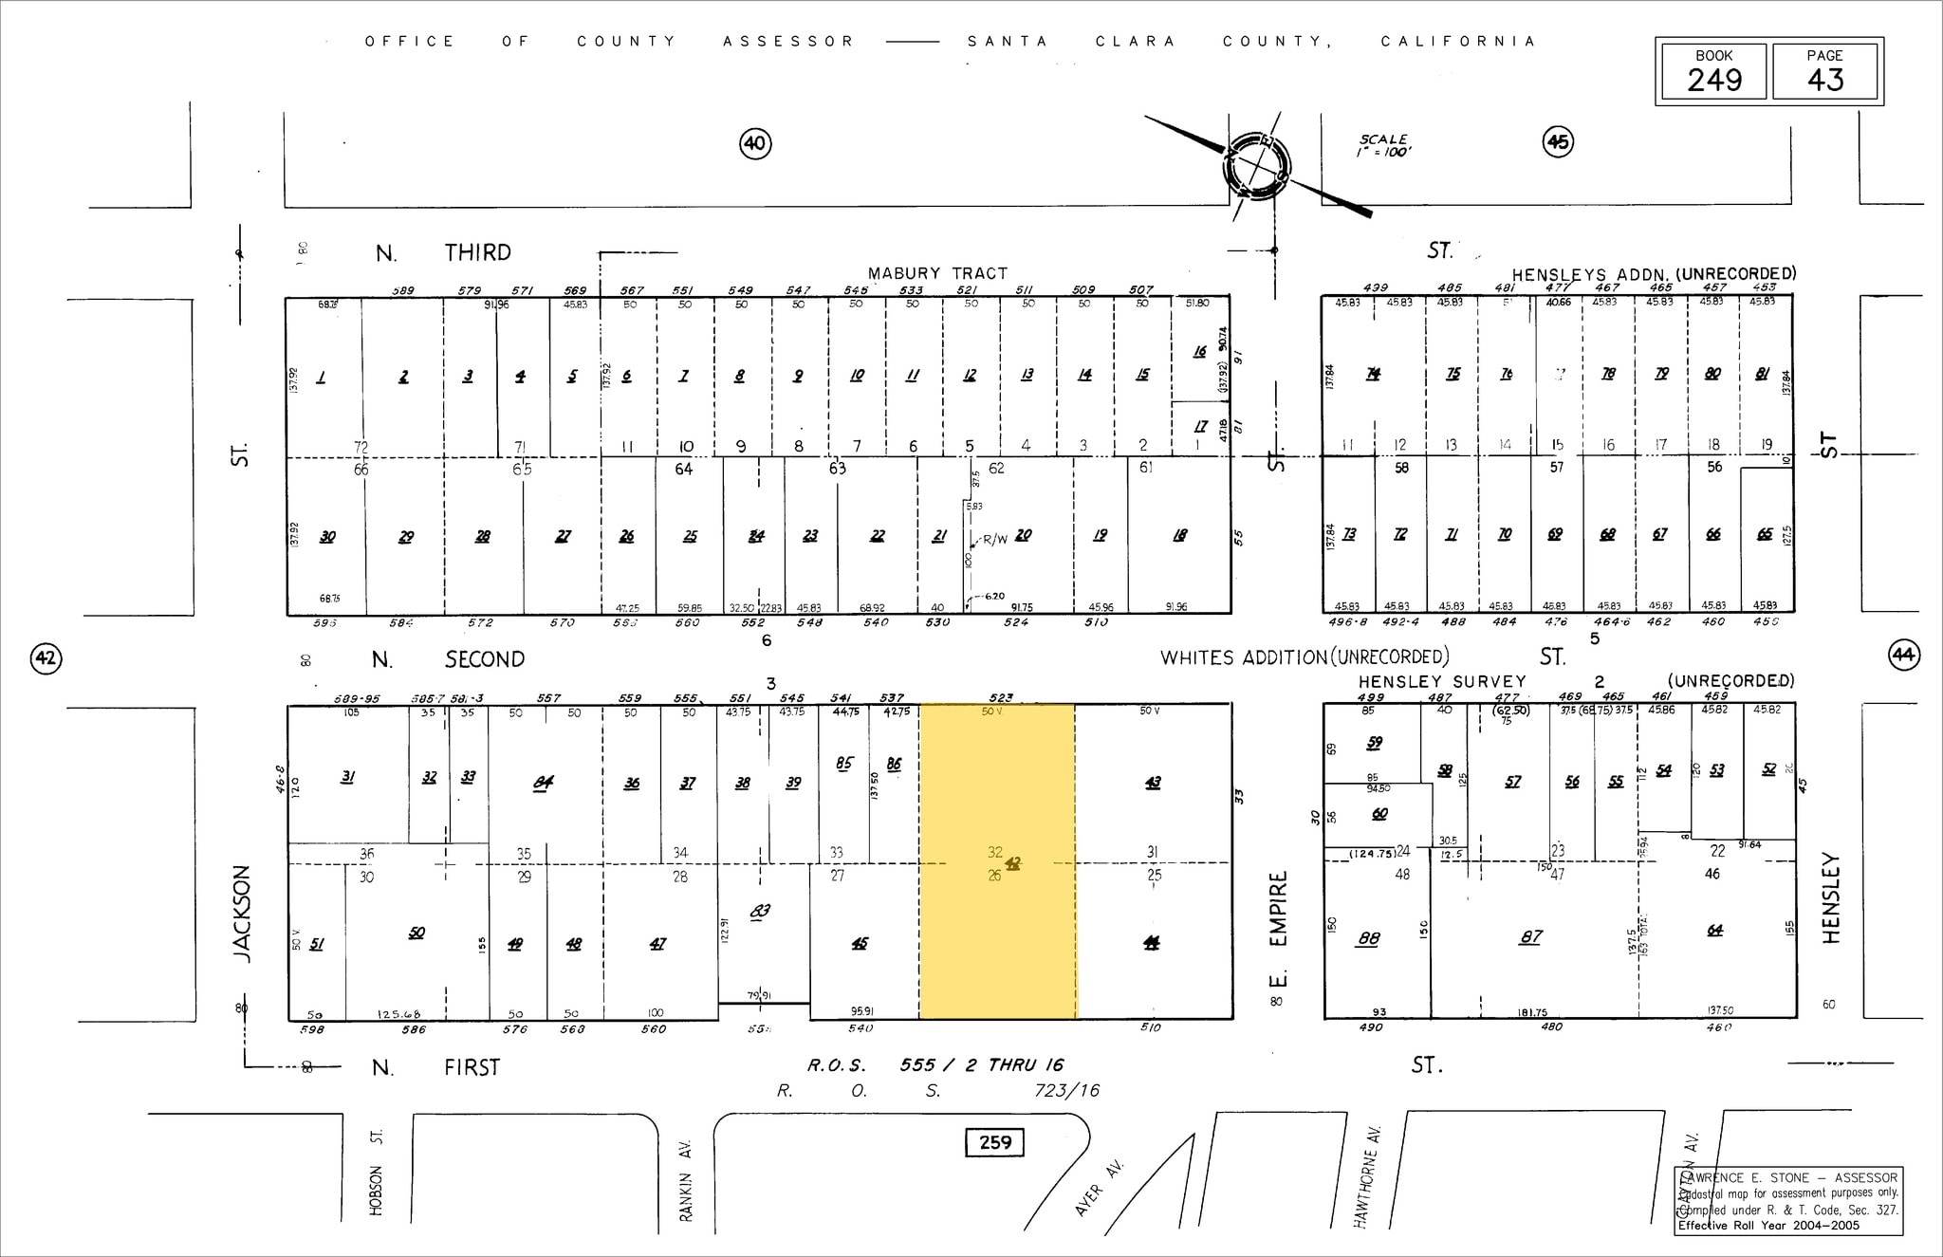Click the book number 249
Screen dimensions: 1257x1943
pyautogui.click(x=1713, y=80)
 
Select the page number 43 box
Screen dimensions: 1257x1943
pyautogui.click(x=1824, y=72)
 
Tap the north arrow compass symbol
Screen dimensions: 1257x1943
pyautogui.click(x=1257, y=167)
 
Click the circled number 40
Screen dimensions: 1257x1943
pyautogui.click(x=754, y=143)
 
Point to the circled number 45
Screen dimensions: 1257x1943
pyautogui.click(x=1558, y=142)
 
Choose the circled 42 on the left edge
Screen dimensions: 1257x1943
pyautogui.click(x=46, y=657)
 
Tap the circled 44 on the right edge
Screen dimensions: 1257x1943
pyautogui.click(x=1903, y=655)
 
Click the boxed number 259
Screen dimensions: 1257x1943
pyautogui.click(x=994, y=1142)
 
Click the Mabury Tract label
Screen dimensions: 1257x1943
pyautogui.click(x=937, y=273)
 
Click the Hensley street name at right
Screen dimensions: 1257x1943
pyautogui.click(x=1831, y=897)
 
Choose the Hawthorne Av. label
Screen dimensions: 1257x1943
pyautogui.click(x=1367, y=1176)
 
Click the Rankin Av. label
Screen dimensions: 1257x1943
pyautogui.click(x=686, y=1180)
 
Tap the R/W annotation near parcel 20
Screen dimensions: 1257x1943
pyautogui.click(x=994, y=539)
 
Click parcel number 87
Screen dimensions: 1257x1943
pyautogui.click(x=1530, y=936)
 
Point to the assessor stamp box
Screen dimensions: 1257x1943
pyautogui.click(x=1788, y=1200)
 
